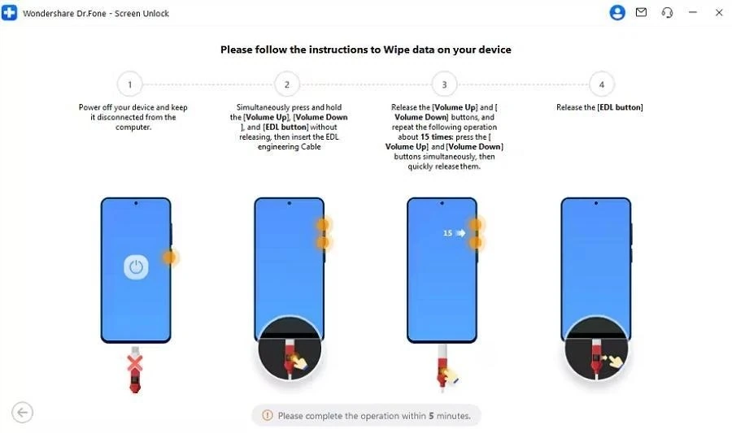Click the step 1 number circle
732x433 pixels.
130,84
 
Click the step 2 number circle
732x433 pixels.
287,84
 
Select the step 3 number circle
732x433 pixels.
444,84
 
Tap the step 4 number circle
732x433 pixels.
602,84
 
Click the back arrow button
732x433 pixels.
23,413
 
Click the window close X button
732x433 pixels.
719,12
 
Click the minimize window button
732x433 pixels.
693,12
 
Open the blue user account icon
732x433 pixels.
617,12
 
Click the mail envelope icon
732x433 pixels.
642,12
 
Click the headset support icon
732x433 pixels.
667,12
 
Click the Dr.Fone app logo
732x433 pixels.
9,12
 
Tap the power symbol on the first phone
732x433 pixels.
136,267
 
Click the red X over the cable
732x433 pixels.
135,363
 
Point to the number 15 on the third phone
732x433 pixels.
447,233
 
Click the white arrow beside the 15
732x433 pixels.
461,233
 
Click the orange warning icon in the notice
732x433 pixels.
268,415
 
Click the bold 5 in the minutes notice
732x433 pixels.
431,416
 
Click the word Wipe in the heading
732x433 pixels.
397,50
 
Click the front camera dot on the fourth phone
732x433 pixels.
595,203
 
